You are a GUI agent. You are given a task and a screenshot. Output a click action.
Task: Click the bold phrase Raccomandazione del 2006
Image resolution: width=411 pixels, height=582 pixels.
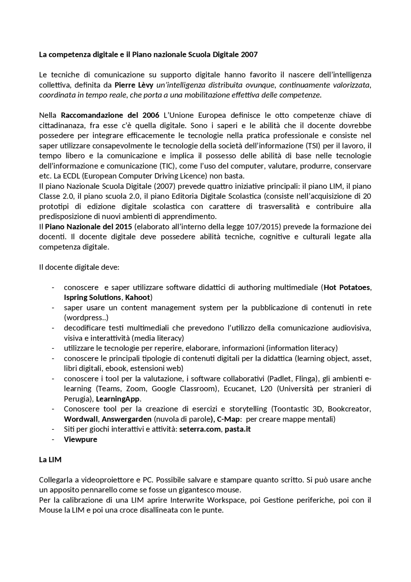(110, 115)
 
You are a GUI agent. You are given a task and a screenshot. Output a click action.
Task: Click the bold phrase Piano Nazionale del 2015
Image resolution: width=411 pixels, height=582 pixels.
(89, 227)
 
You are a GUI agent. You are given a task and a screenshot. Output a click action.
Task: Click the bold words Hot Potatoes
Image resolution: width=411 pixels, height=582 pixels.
(347, 287)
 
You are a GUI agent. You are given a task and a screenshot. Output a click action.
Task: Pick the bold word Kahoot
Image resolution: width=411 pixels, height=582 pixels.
(137, 297)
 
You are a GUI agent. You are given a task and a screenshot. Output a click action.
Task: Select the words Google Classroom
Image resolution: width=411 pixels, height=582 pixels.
(183, 389)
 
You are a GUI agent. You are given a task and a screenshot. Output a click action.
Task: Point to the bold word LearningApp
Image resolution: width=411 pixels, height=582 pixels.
(118, 399)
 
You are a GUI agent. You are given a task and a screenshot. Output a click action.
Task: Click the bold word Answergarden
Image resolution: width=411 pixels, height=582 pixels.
(127, 419)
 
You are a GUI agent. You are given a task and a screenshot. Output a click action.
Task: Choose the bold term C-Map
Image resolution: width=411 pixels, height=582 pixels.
(228, 419)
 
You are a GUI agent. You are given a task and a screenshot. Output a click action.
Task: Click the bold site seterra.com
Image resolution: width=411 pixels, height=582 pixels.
(200, 429)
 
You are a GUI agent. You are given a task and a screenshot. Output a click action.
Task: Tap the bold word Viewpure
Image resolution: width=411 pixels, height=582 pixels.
(81, 439)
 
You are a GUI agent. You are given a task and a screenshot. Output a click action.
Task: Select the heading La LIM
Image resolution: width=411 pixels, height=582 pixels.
(50, 460)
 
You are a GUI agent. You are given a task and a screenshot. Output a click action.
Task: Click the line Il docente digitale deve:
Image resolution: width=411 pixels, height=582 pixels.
(79, 267)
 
